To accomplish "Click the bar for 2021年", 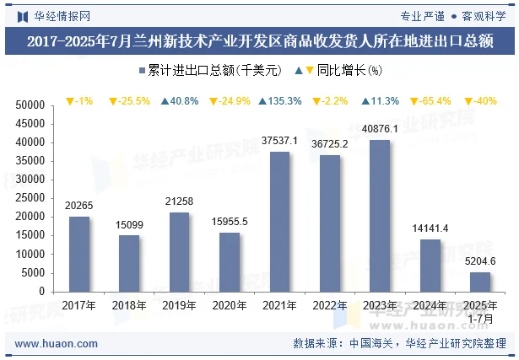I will pos(279,222).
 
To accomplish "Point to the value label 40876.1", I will pos(380,128).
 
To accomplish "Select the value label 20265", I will pos(79,205).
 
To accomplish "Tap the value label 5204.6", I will pos(479,261).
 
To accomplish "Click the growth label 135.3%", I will pos(279,101).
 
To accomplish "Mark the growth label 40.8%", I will pos(179,101).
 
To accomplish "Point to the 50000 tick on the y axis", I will pos(30,105).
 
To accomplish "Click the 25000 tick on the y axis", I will pos(30,198).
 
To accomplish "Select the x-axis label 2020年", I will pos(230,305).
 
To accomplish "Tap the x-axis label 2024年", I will pos(430,305).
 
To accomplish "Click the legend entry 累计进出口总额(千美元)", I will pos(208,71).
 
